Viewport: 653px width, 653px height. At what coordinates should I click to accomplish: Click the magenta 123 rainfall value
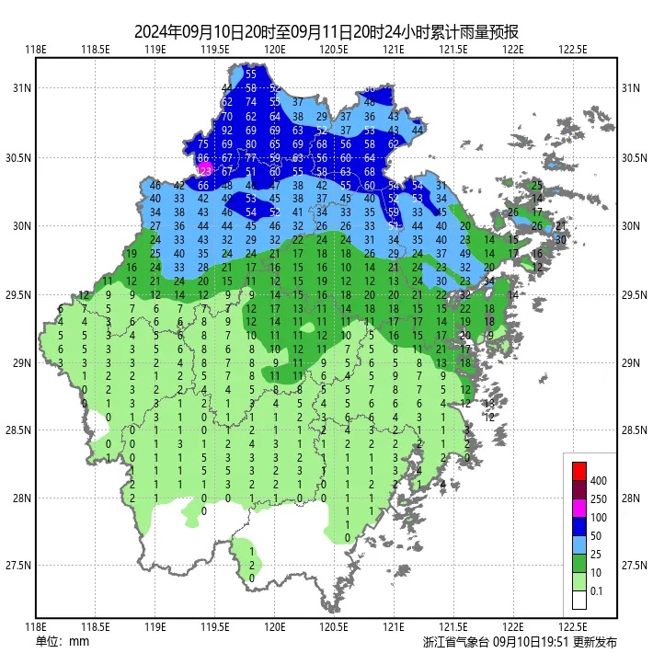click(x=204, y=171)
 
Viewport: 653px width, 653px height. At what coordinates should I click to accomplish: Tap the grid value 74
click(x=251, y=102)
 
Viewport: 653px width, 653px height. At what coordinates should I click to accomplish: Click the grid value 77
click(x=251, y=158)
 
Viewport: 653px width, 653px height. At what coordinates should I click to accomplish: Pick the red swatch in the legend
click(x=579, y=471)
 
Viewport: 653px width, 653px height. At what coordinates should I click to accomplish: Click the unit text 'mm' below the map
click(x=79, y=641)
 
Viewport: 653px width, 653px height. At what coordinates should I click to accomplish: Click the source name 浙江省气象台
click(x=456, y=642)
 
